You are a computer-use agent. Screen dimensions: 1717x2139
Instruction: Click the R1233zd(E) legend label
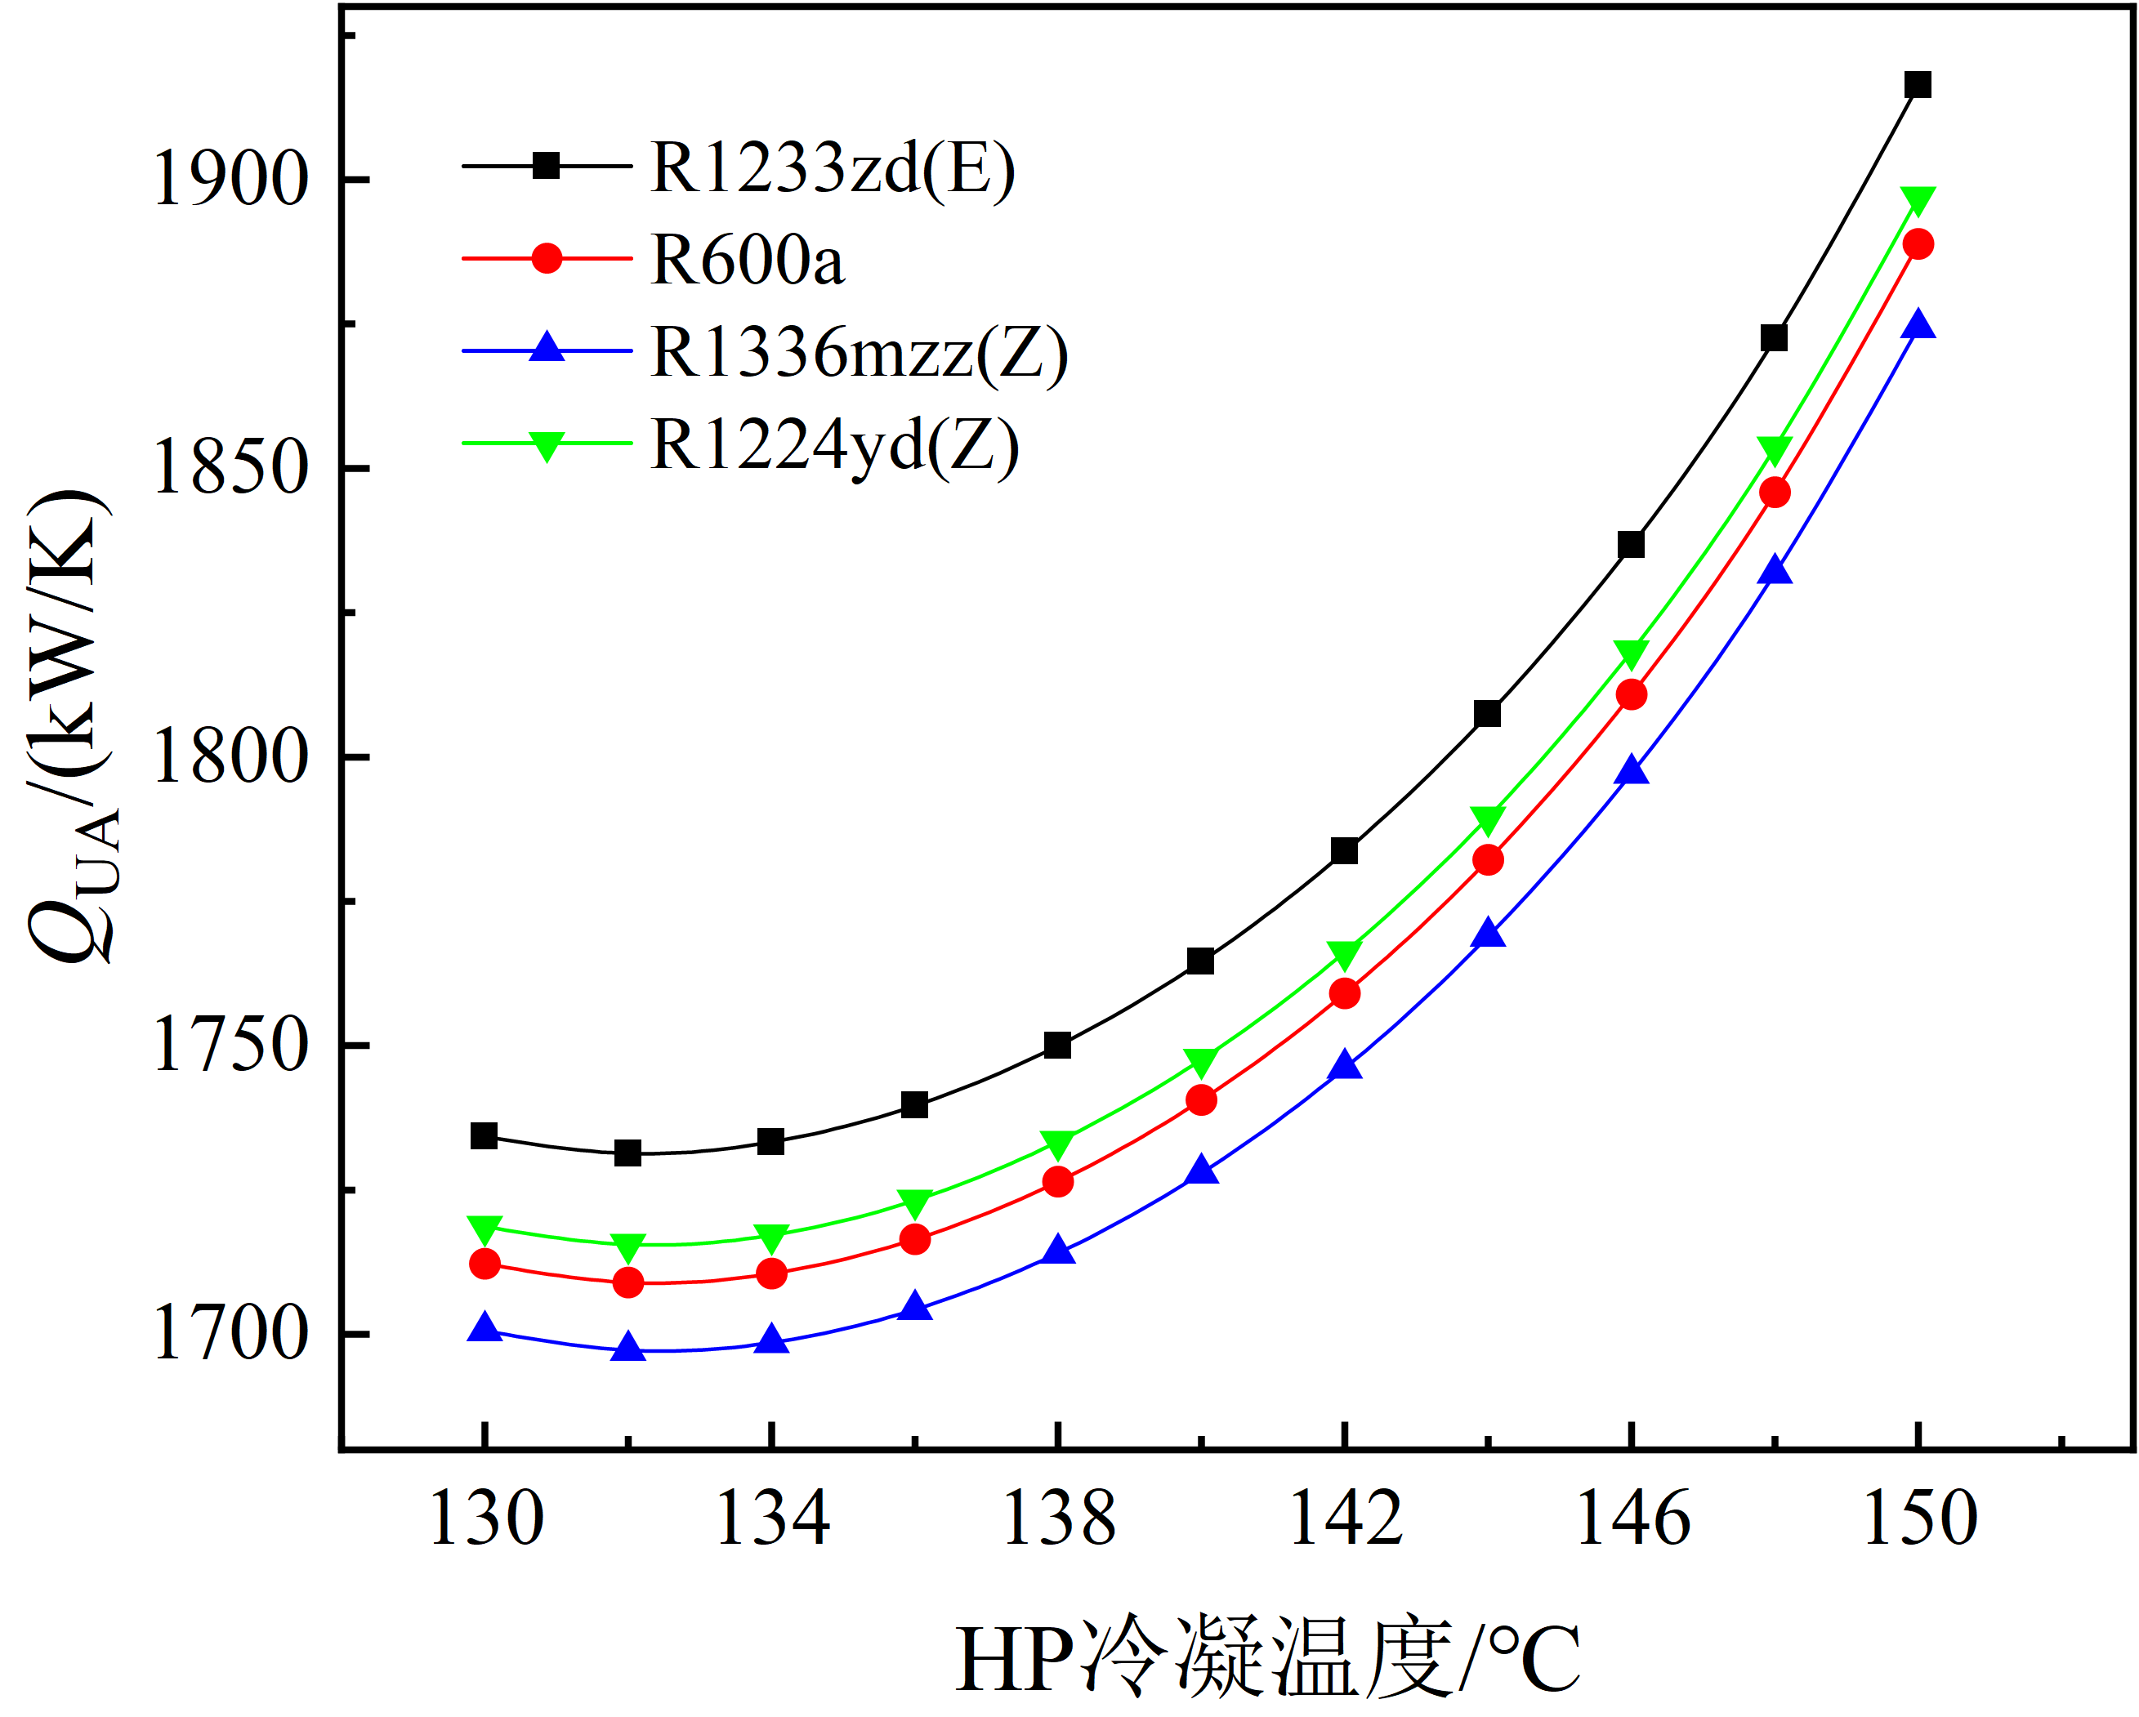click(833, 167)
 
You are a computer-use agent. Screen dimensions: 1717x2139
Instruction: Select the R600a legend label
click(747, 260)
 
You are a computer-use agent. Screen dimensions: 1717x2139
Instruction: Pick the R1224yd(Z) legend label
click(834, 445)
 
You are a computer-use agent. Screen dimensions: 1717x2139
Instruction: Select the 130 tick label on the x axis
click(486, 1519)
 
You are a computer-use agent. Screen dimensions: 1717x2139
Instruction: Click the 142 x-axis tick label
click(1346, 1519)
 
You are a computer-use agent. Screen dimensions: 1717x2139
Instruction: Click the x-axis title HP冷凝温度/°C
click(1268, 1661)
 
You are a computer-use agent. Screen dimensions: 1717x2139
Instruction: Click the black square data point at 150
click(1918, 84)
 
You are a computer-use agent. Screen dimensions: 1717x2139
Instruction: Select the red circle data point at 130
click(485, 1264)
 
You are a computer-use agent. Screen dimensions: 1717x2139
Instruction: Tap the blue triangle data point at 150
click(1918, 324)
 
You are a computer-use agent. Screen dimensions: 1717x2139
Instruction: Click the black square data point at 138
click(1057, 1046)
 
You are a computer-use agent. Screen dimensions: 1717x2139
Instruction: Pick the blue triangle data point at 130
click(485, 1327)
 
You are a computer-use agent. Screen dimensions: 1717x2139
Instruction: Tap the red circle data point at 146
click(1631, 694)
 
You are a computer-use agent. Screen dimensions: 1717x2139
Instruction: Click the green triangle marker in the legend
click(547, 445)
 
